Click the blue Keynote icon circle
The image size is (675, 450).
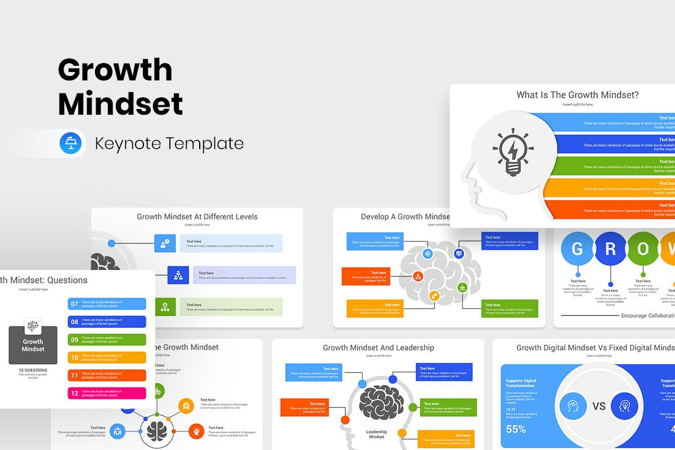tap(71, 143)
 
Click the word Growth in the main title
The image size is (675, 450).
tap(115, 70)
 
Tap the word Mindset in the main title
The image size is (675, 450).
tap(120, 103)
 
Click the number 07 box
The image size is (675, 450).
tap(74, 304)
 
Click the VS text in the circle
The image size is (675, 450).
tap(599, 406)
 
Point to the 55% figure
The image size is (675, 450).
tap(516, 429)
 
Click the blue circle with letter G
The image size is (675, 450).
tap(578, 249)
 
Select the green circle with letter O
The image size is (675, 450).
tap(643, 249)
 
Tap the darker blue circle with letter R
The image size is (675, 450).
tap(610, 249)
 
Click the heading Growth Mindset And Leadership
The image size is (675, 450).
tap(378, 348)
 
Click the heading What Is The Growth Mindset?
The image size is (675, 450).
tap(578, 95)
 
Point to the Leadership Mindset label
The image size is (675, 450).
tap(376, 434)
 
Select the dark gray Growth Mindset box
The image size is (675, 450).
tap(33, 345)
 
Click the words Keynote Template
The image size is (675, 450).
tap(169, 143)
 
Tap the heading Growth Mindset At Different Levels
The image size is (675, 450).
tap(197, 217)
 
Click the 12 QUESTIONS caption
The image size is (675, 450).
tap(33, 370)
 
